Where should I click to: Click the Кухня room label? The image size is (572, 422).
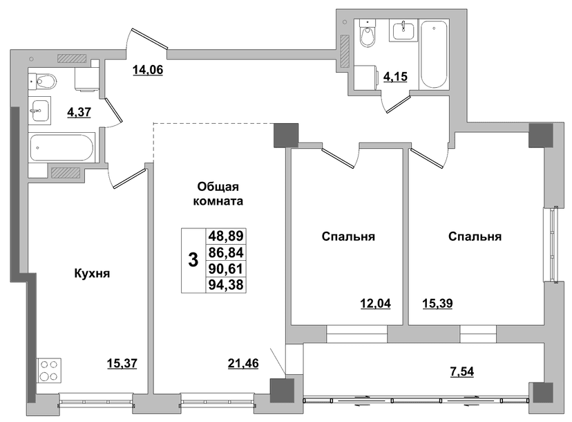tap(92, 273)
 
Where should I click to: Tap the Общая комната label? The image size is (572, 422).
tap(218, 194)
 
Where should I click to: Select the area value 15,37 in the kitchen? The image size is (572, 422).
tap(122, 363)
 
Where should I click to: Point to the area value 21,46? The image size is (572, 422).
tap(243, 363)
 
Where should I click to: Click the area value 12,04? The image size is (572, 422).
tap(375, 303)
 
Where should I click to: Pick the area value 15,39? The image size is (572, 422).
tap(437, 303)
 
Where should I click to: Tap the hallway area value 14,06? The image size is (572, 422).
tap(148, 69)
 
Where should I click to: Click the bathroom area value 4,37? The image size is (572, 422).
tap(79, 112)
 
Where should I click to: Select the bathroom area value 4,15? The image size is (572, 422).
tap(395, 77)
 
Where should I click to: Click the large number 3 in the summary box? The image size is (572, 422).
tap(193, 261)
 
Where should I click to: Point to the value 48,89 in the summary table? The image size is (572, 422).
tap(226, 236)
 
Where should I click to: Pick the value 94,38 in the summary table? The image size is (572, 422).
tap(226, 284)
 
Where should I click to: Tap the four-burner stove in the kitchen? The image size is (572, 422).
tap(49, 371)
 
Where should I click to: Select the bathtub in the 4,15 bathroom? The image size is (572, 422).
tap(434, 55)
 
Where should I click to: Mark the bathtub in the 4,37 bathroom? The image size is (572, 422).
tap(62, 148)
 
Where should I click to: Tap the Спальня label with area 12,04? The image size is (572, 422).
tap(348, 237)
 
